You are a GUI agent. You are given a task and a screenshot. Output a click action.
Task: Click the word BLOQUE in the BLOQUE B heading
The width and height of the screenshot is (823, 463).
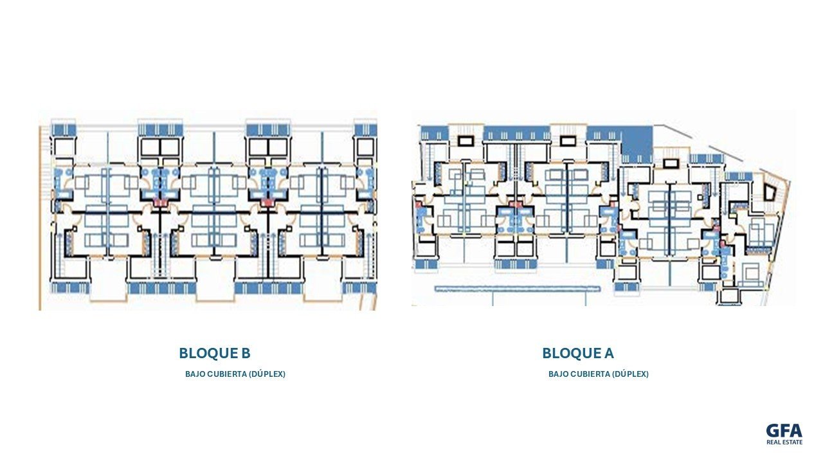tap(208, 353)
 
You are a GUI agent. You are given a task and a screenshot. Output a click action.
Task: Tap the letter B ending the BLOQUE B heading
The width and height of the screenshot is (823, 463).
tap(246, 353)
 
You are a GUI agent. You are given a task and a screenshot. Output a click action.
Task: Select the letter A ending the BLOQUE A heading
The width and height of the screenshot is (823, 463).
tap(609, 353)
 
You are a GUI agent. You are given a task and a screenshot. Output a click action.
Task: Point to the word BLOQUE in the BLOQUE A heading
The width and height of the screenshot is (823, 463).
tap(572, 353)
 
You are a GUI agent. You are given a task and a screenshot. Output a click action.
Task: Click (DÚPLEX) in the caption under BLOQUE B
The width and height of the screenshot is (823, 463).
tap(267, 374)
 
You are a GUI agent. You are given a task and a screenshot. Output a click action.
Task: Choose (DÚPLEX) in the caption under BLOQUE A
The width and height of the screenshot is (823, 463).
tap(631, 374)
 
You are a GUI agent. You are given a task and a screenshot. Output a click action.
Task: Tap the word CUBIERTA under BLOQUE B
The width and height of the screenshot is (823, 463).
tap(227, 374)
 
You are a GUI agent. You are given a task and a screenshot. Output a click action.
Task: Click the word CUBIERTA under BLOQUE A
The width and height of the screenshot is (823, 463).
tap(590, 374)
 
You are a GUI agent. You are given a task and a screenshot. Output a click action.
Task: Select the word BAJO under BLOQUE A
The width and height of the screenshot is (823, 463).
tap(559, 374)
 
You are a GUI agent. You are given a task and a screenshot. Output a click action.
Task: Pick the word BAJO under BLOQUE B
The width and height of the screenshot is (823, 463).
tap(195, 374)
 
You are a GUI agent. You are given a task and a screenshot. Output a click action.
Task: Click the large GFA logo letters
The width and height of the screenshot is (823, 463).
tap(784, 431)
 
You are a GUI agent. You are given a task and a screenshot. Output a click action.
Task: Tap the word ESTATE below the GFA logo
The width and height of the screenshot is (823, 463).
tap(793, 442)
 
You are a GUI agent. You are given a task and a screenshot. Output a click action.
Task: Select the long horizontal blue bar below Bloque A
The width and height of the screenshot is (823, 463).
tap(518, 289)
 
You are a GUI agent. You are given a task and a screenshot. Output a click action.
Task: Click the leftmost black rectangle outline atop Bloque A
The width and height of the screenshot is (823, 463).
tap(466, 140)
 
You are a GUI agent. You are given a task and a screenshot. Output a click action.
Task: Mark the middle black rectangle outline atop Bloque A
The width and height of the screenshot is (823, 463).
tap(568, 140)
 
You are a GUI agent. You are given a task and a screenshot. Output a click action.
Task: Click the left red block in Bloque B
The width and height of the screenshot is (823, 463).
tap(160, 202)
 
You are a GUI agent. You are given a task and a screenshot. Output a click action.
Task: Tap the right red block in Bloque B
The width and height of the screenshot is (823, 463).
tap(267, 202)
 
